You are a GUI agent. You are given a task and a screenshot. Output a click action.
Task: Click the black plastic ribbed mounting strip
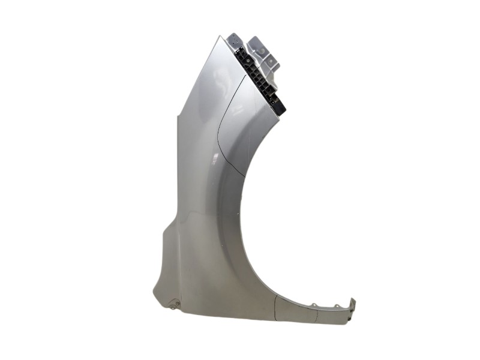pyautogui.click(x=259, y=78)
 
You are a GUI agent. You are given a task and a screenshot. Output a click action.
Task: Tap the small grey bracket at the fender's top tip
pyautogui.click(x=235, y=39)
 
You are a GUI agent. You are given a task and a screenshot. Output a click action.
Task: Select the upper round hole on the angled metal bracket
pyautogui.click(x=262, y=50)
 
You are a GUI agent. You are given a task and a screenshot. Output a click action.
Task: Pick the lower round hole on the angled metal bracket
pyautogui.click(x=271, y=61)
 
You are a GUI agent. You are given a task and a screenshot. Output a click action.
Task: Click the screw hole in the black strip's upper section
pyautogui.click(x=248, y=61)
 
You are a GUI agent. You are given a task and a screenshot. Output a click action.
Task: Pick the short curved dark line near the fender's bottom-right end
pyautogui.click(x=317, y=316)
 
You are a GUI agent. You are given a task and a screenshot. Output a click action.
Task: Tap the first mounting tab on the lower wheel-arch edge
pyautogui.click(x=314, y=305)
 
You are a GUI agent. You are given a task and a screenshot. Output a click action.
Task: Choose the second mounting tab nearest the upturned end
pyautogui.click(x=337, y=305)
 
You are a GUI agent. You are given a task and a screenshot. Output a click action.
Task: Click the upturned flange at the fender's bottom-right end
pyautogui.click(x=353, y=303)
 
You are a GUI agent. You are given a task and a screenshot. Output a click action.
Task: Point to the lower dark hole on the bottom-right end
pyautogui.click(x=349, y=319)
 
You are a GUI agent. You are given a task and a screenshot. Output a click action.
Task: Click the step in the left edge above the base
pyautogui.click(x=166, y=229)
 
